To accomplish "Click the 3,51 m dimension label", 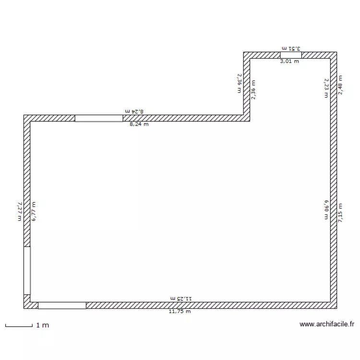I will click(291, 48).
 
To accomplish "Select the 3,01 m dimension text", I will click(289, 61).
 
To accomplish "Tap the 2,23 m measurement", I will click(326, 88).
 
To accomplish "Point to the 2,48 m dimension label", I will click(340, 85).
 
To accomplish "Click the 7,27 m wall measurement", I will click(20, 211).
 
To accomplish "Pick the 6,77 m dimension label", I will click(34, 211).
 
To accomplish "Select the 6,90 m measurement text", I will click(326, 210).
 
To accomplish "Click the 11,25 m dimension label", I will click(180, 298).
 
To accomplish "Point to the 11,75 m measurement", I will click(180, 312).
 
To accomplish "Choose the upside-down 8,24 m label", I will click(134, 111).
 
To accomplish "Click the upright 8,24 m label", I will click(139, 124).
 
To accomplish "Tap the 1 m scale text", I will click(43, 325).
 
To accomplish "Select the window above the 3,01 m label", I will click(290, 55).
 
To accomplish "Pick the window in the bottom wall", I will click(62, 305).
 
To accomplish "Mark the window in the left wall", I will click(27, 270).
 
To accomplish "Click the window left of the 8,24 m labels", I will click(99, 118).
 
